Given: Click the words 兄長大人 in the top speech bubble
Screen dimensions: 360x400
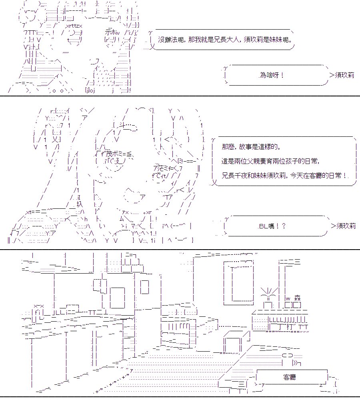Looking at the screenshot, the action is click(225, 40).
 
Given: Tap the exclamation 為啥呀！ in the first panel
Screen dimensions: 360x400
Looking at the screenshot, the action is click(272, 75).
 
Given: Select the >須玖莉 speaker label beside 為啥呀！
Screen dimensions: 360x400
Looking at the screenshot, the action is click(342, 75).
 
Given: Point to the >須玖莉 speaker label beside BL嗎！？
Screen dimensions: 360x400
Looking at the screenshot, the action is click(343, 226).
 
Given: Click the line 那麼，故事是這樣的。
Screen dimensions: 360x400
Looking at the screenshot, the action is click(251, 147).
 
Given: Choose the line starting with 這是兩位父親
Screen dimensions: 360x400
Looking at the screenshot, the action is click(270, 161).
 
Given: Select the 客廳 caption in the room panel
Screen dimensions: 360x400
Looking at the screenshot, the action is click(290, 377).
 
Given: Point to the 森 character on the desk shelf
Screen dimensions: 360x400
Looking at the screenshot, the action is click(297, 298).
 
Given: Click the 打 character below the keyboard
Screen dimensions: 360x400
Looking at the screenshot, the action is click(290, 326).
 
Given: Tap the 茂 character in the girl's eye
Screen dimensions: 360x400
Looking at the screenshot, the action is click(109, 154).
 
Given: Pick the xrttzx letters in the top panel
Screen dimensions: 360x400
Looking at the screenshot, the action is click(74, 26).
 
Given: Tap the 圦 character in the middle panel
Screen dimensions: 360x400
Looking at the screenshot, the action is click(80, 204).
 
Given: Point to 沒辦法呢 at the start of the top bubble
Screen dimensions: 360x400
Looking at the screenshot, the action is click(170, 40).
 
